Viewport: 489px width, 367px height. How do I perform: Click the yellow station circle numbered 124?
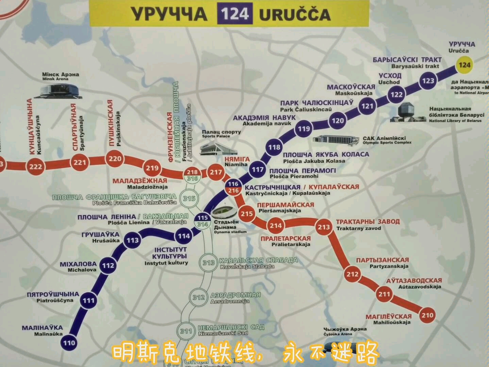click(x=464, y=65)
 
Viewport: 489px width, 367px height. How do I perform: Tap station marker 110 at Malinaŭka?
click(x=69, y=342)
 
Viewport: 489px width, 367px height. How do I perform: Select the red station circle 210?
click(x=427, y=315)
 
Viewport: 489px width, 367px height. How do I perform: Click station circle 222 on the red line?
click(x=35, y=166)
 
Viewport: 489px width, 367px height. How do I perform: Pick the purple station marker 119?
click(x=304, y=128)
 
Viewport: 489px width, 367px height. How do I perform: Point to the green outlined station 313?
click(x=208, y=262)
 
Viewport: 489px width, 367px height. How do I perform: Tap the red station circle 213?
click(x=324, y=227)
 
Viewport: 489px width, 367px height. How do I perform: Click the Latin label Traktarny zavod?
click(x=358, y=228)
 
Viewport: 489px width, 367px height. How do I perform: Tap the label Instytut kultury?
click(x=166, y=263)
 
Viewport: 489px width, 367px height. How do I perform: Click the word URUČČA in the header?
click(x=294, y=15)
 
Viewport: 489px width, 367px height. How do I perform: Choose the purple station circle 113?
click(x=132, y=240)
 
